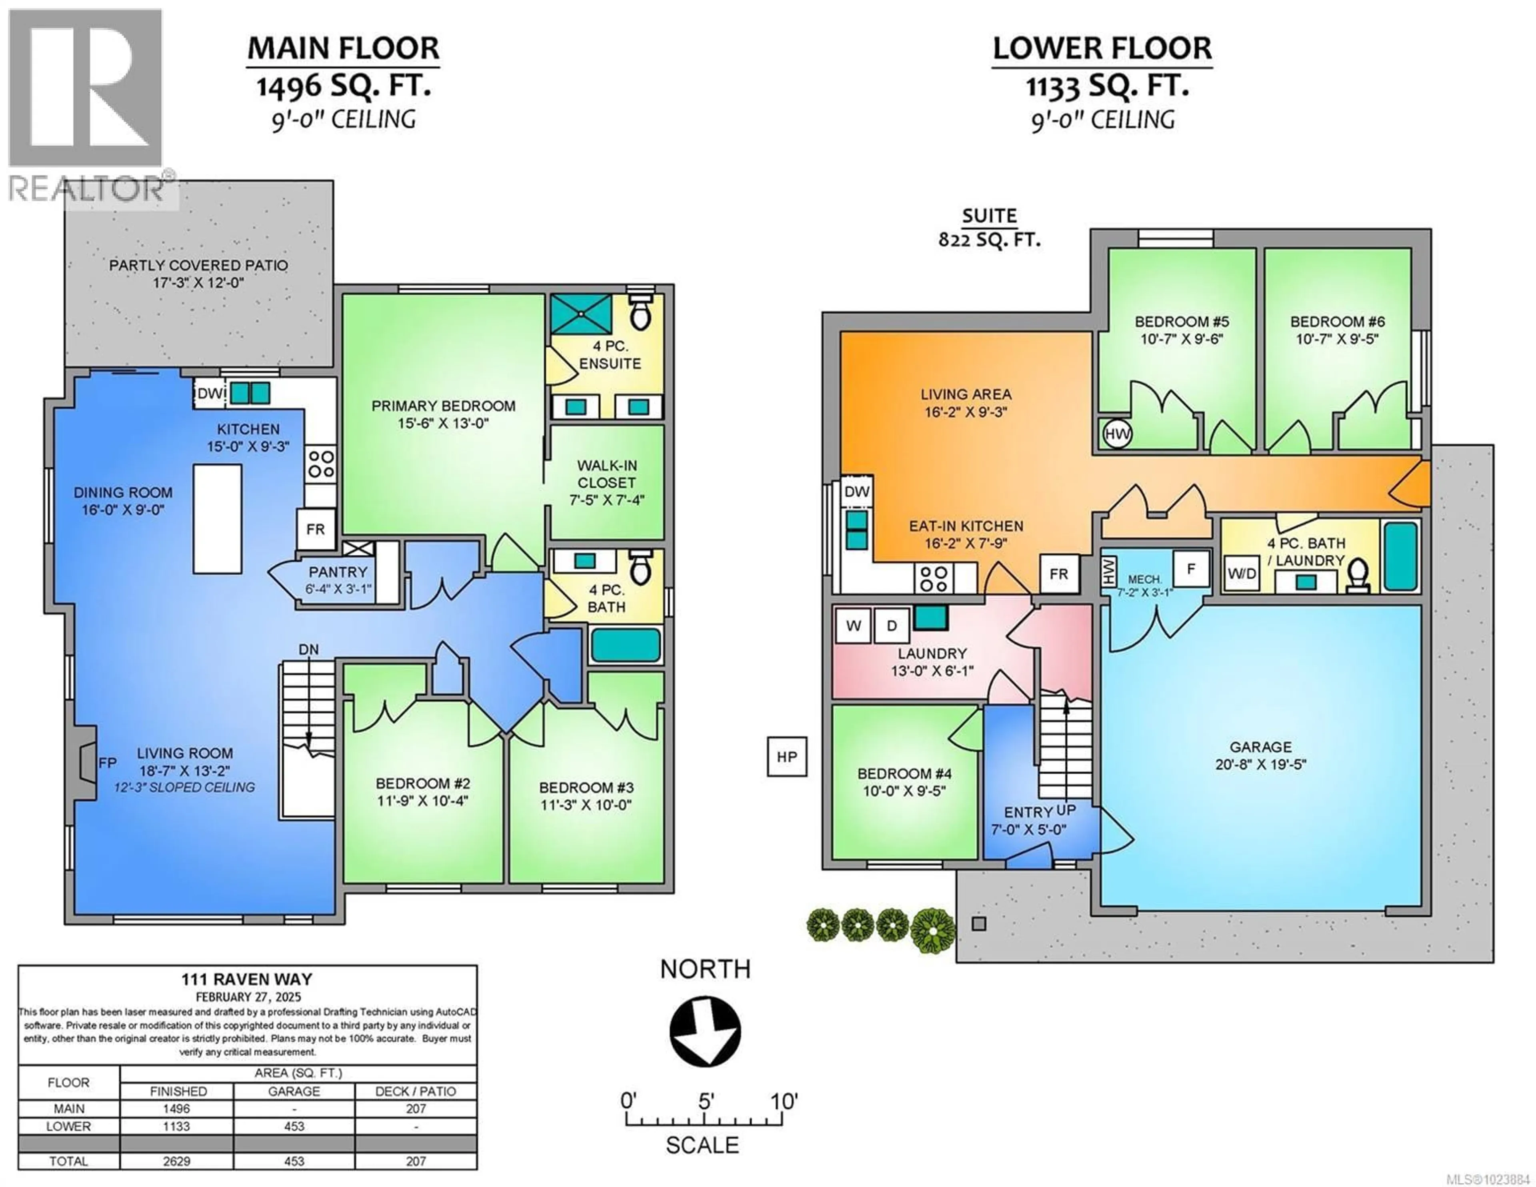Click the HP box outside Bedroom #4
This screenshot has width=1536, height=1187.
click(x=786, y=757)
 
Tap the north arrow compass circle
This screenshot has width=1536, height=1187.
click(x=705, y=1031)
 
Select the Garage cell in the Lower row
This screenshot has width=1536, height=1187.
click(x=294, y=1126)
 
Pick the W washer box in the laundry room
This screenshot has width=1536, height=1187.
click(x=853, y=626)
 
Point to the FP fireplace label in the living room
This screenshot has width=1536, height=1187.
click(x=108, y=763)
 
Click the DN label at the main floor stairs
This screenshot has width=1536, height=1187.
click(x=308, y=649)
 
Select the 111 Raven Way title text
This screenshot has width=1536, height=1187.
click(x=247, y=979)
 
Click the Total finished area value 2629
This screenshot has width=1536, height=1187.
click(x=176, y=1161)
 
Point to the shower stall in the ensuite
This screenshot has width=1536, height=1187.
click(x=581, y=314)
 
